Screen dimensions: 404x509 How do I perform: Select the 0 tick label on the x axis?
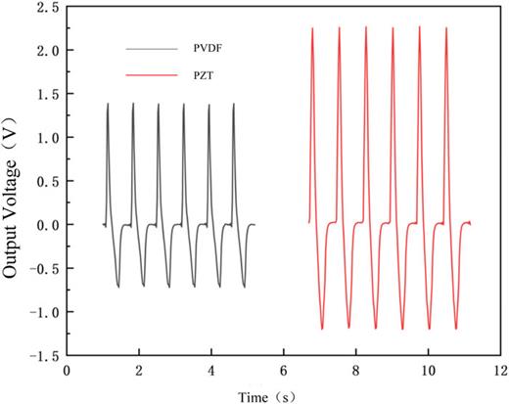67,373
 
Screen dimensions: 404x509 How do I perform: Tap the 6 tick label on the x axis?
283,373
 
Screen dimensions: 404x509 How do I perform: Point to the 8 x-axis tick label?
355,373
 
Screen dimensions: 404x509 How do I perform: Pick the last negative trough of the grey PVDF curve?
244,288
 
